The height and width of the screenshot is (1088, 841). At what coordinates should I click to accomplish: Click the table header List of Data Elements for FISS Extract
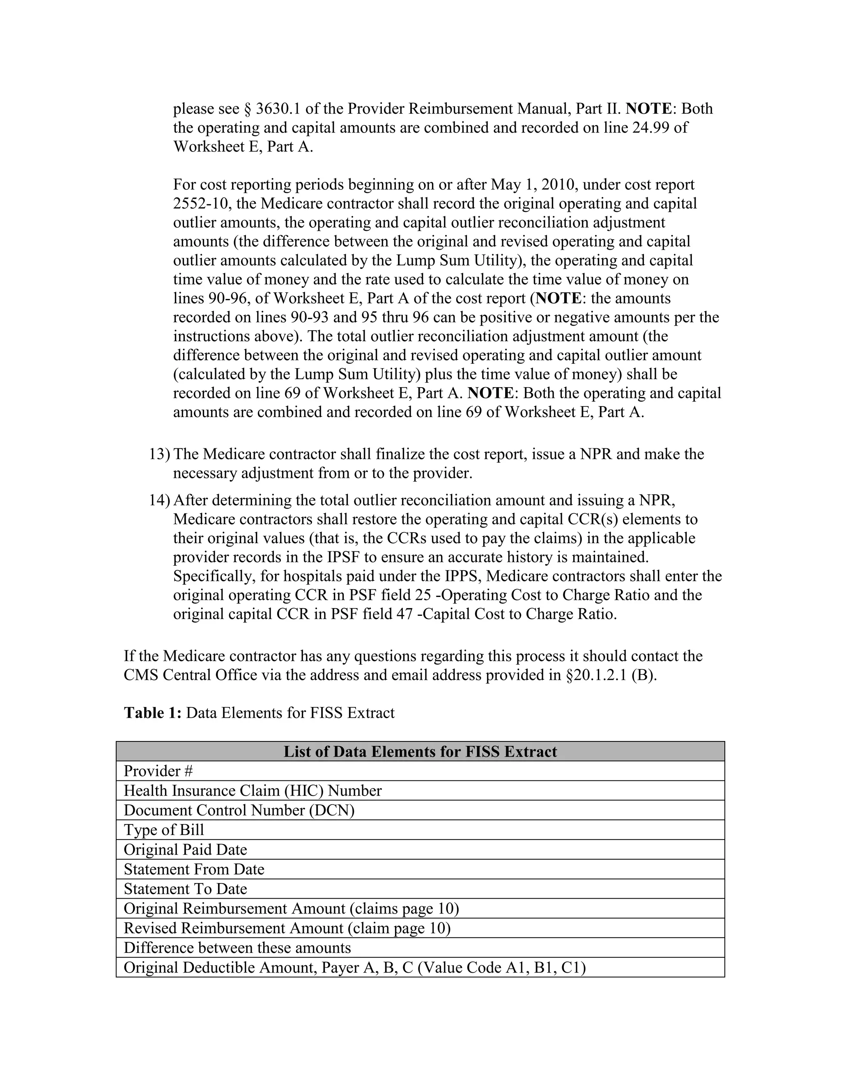point(420,751)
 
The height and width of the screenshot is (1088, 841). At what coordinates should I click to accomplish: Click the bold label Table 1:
point(152,713)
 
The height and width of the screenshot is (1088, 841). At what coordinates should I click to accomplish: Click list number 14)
point(159,500)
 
